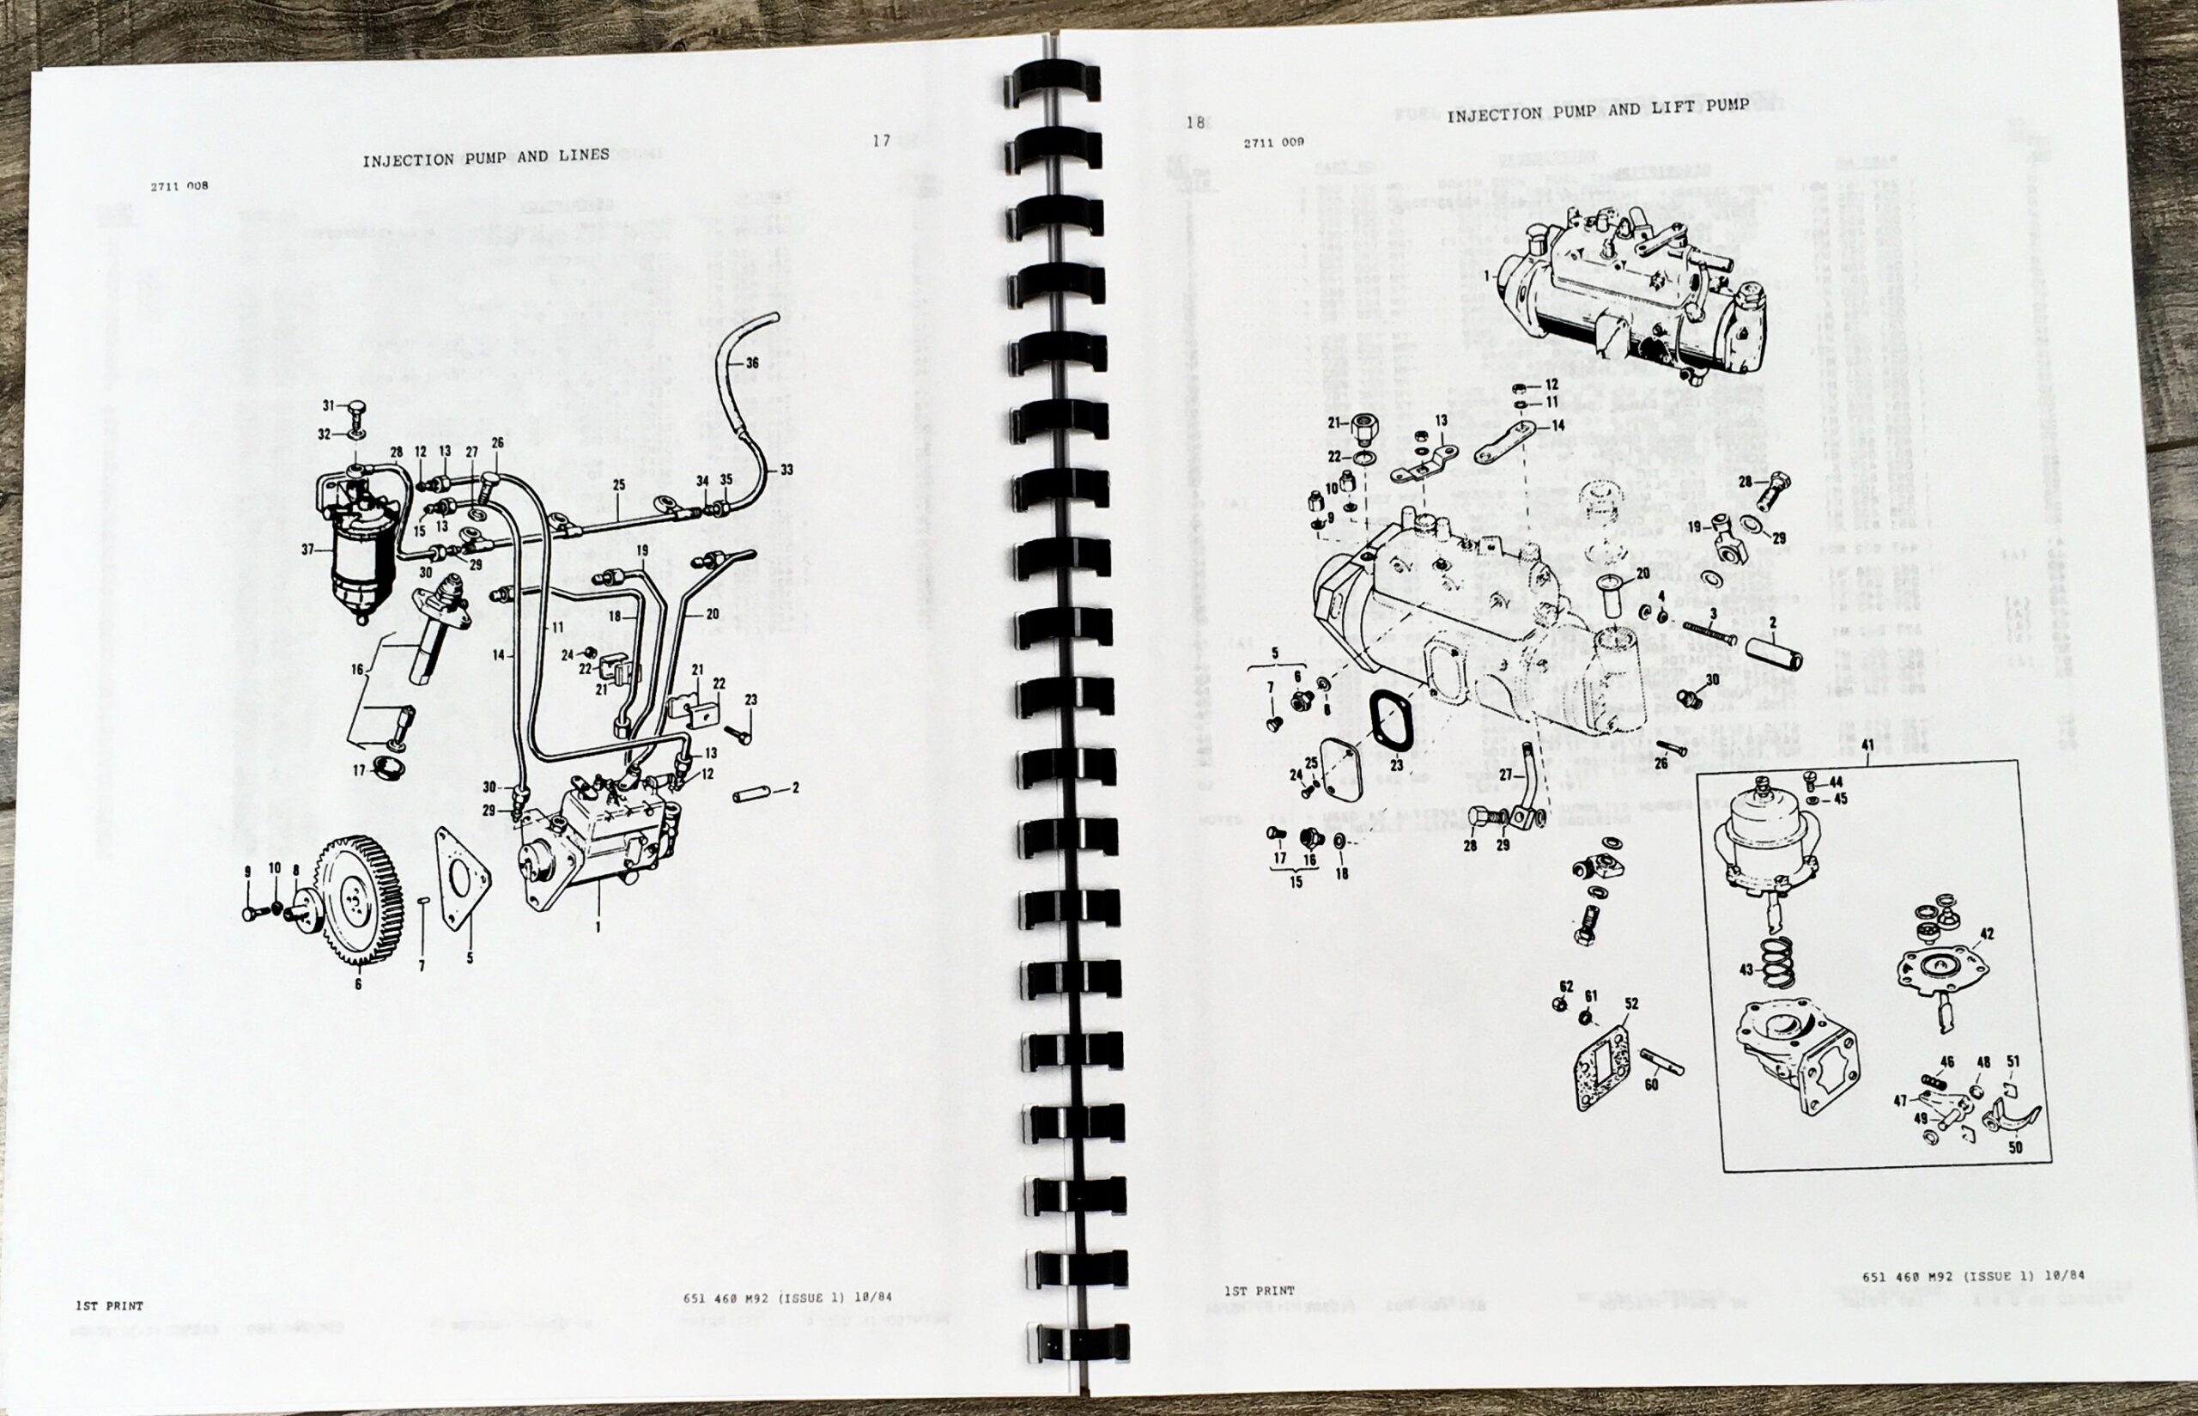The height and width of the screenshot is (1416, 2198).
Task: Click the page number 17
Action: click(881, 141)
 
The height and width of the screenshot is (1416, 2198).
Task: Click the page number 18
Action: click(1194, 122)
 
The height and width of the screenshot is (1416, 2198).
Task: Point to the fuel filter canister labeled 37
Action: click(361, 561)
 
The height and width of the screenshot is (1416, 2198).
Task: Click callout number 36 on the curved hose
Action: click(752, 363)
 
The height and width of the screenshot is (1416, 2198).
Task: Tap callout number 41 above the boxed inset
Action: click(1867, 744)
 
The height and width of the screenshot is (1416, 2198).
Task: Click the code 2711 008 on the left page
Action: click(179, 185)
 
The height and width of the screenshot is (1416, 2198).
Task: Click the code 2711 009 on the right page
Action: click(1273, 143)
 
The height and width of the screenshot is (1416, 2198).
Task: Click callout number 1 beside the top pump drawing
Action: click(1486, 275)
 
